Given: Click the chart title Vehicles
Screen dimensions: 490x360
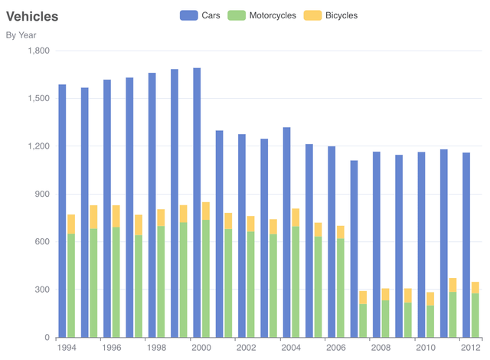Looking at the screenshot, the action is click(x=32, y=17).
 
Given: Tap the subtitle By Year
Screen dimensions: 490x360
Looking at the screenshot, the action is click(x=21, y=35).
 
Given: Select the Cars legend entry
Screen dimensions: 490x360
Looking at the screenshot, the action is click(x=200, y=15).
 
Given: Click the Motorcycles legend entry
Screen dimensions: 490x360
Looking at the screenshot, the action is click(x=262, y=15).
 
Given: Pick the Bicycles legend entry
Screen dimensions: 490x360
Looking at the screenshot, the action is click(x=331, y=15).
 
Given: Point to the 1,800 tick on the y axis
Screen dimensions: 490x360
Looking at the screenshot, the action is click(x=39, y=51).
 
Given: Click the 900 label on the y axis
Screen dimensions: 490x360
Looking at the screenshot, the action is click(x=42, y=194).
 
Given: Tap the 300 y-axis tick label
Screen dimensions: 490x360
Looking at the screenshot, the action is click(x=42, y=290).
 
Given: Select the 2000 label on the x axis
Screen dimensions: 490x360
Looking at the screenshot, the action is click(x=201, y=348).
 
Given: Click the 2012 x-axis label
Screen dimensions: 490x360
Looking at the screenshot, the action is click(x=471, y=348).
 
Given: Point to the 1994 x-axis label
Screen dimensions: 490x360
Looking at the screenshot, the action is click(x=67, y=348).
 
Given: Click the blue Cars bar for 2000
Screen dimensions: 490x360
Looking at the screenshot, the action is click(x=197, y=203).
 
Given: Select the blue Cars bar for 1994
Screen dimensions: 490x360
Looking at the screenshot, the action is click(x=62, y=211).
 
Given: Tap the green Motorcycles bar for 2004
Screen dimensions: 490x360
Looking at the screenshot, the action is click(x=296, y=282).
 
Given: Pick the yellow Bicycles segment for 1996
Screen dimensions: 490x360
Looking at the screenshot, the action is click(x=116, y=216).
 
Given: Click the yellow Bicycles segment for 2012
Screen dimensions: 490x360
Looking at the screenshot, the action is click(x=475, y=288).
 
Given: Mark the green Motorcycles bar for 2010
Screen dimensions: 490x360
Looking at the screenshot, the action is click(x=430, y=322).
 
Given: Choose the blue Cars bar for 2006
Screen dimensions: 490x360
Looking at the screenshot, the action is click(x=332, y=242).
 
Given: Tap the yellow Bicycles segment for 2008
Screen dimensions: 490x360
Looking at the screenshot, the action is click(x=385, y=295).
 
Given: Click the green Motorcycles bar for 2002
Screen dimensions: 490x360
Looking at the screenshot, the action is click(x=250, y=285).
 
